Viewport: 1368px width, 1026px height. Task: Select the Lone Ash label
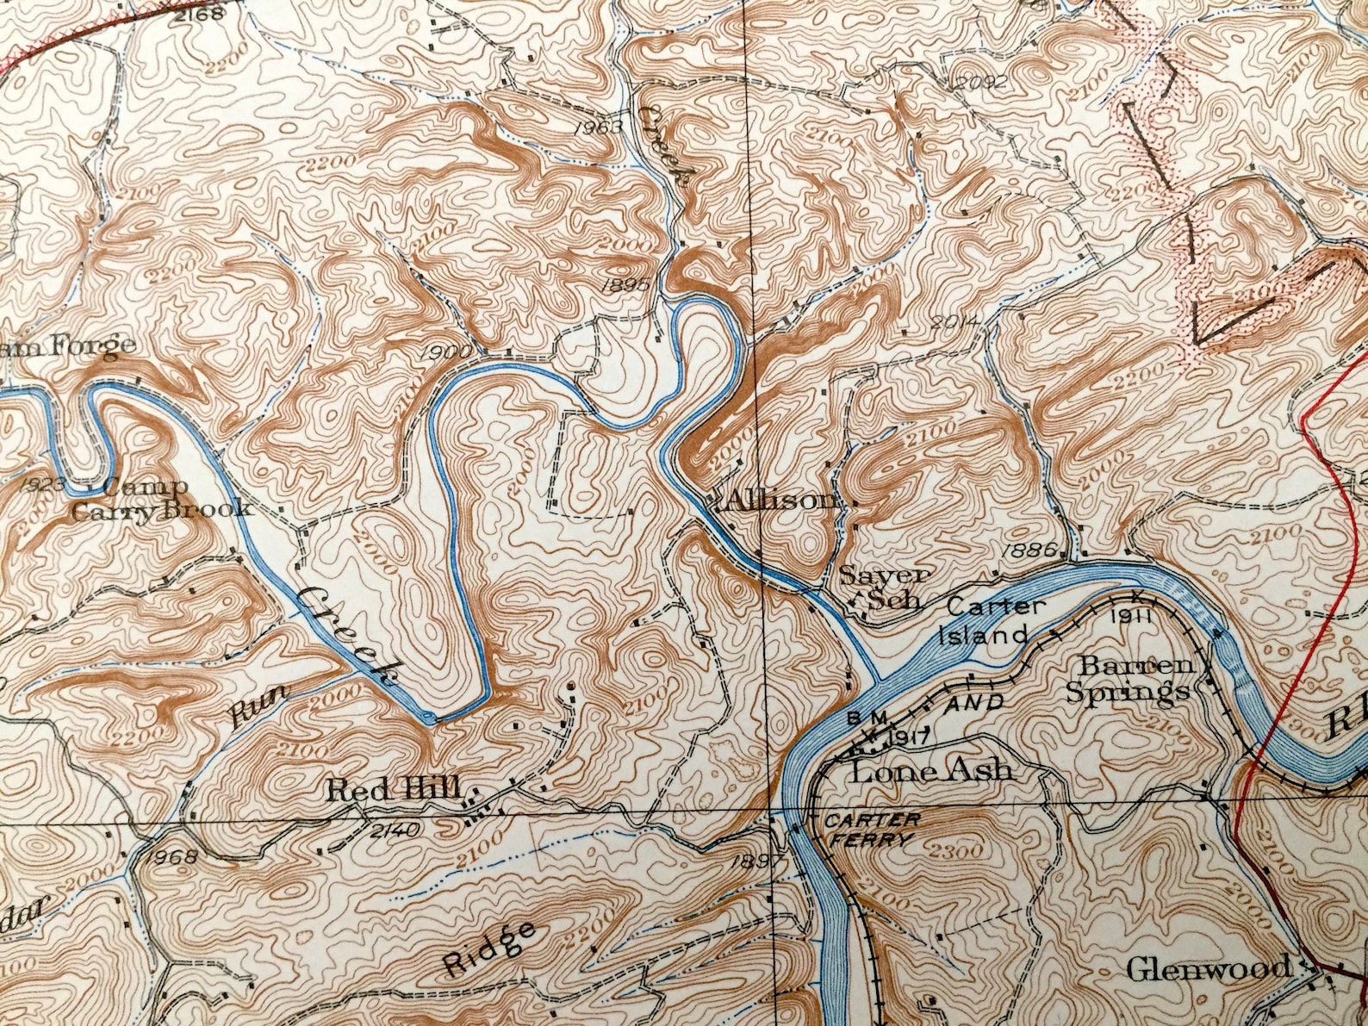(931, 769)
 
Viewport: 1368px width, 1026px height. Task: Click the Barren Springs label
(1128, 679)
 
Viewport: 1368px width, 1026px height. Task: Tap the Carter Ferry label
(871, 829)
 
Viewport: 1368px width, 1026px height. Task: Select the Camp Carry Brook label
(161, 499)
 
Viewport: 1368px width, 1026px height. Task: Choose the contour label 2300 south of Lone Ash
(956, 852)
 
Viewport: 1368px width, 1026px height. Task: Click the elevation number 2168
(198, 13)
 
